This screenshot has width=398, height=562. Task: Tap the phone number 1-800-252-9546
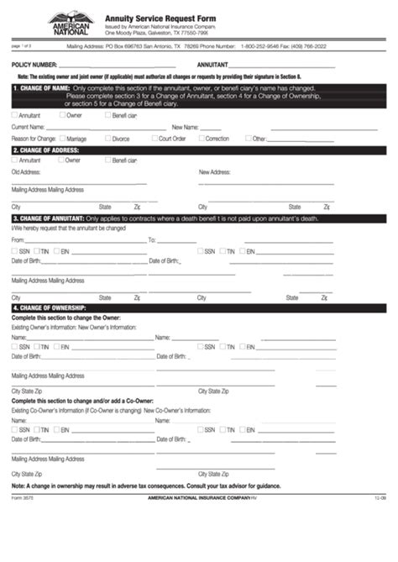tap(264, 47)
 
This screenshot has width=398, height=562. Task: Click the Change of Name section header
tap(41, 87)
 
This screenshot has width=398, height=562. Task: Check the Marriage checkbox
tap(62, 138)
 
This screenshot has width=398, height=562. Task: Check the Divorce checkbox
tap(107, 138)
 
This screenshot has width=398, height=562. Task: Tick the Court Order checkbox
tap(154, 138)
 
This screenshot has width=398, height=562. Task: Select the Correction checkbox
tap(200, 138)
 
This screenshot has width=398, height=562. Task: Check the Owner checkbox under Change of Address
tap(60, 160)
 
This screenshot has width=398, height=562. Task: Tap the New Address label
tap(215, 171)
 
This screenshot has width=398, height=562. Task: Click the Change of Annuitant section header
tap(50, 218)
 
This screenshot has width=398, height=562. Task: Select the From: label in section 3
tap(18, 240)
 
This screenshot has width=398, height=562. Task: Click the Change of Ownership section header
tap(49, 307)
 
